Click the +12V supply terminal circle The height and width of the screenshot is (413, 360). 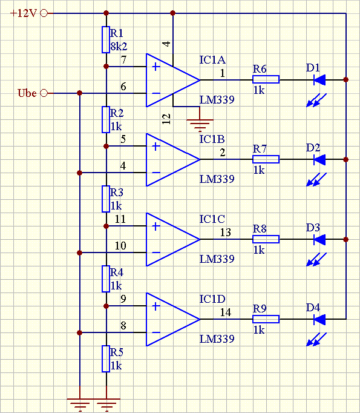click(44, 13)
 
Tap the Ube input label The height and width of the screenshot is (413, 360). click(27, 93)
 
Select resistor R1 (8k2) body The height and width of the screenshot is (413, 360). click(106, 39)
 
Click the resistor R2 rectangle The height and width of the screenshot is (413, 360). click(106, 119)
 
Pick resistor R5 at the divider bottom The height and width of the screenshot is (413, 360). click(106, 358)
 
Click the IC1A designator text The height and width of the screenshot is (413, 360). click(212, 60)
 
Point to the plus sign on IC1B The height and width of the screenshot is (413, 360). click(155, 147)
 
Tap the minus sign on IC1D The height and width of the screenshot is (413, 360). click(156, 332)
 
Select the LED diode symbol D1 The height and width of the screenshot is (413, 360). click(319, 80)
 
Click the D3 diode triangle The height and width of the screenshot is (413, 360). click(319, 239)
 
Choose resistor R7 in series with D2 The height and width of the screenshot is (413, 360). click(266, 159)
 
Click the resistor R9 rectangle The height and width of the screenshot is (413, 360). click(266, 319)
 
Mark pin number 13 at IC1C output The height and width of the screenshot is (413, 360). click(226, 233)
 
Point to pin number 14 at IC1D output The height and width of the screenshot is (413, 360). click(226, 312)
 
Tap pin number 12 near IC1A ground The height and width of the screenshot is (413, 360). click(166, 119)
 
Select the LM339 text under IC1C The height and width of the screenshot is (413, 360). click(217, 259)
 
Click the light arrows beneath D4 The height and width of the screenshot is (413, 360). click(316, 339)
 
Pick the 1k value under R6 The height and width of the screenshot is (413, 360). click(259, 90)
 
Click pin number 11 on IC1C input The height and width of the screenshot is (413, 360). click(120, 219)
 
